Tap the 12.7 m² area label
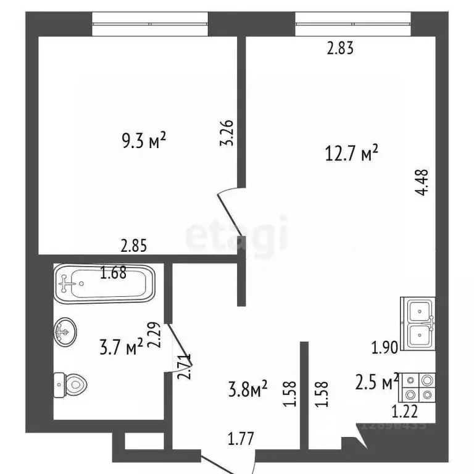351,152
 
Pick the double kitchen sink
419,325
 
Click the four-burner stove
418,389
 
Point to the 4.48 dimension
422,183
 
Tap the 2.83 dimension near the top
339,48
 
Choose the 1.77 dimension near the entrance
241,439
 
